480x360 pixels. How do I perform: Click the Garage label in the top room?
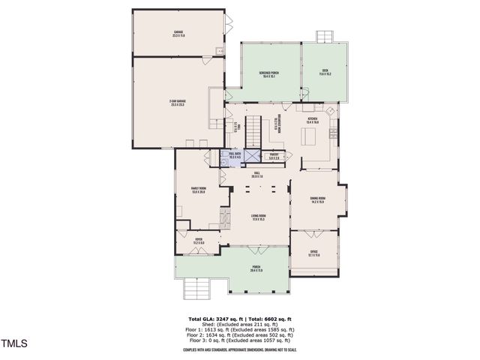pos(178,33)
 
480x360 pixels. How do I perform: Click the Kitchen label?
pos(312,119)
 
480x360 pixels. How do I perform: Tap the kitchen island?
pos(310,136)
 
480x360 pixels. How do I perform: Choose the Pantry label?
pos(274,157)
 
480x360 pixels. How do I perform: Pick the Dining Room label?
pos(317,199)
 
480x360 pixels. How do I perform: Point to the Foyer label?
pos(199,241)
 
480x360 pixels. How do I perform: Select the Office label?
pos(314,253)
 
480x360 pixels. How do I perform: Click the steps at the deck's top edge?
pos(324,36)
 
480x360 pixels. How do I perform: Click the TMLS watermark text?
pos(13,344)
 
